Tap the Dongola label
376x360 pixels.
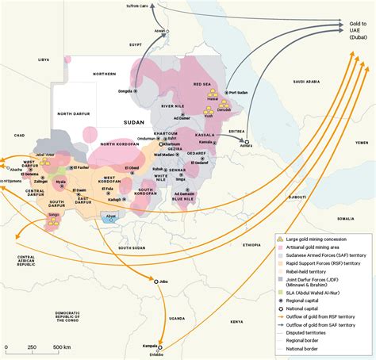point(125,91)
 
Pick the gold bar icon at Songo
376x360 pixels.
point(53,223)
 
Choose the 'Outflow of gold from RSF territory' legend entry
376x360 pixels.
point(325,313)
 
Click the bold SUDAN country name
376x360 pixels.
point(136,123)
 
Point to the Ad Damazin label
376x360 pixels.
point(184,193)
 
